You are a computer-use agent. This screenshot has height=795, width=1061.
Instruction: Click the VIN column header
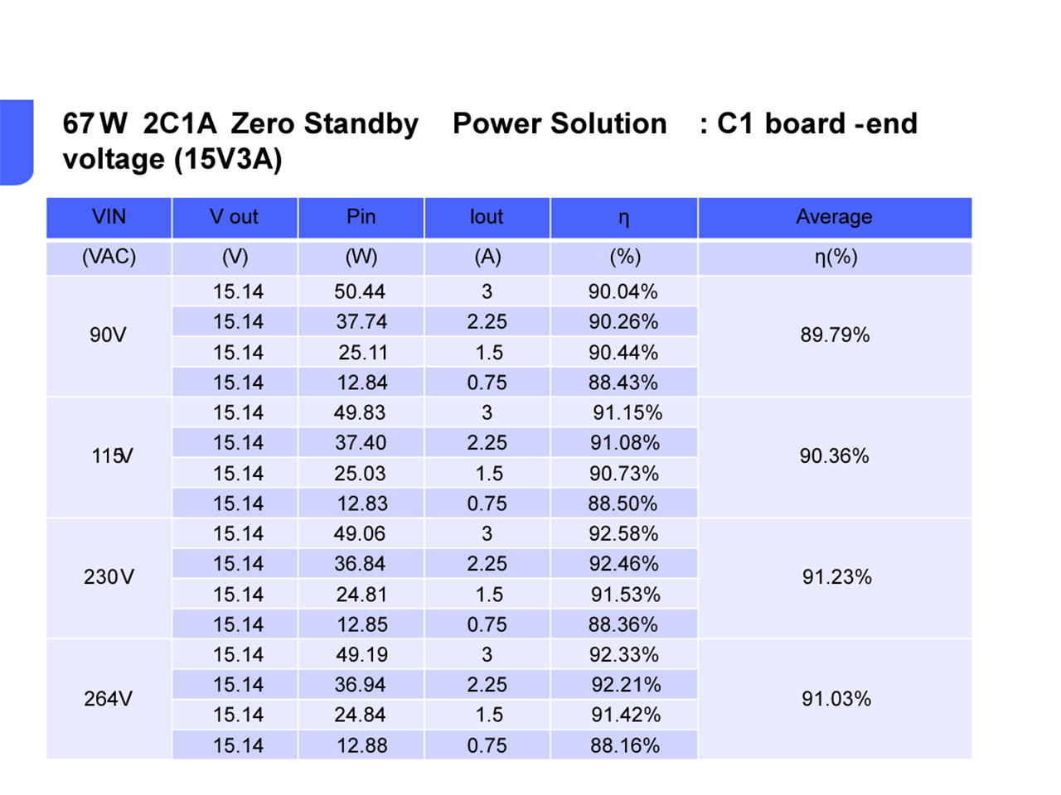(109, 217)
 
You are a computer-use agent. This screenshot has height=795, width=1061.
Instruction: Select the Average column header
(834, 217)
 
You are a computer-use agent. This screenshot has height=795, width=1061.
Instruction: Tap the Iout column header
(487, 217)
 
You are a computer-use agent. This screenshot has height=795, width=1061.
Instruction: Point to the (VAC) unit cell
(109, 257)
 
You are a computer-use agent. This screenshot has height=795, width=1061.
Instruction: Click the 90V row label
(108, 335)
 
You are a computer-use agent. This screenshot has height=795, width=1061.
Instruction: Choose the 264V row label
(108, 699)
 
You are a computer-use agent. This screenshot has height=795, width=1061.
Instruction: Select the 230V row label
(109, 577)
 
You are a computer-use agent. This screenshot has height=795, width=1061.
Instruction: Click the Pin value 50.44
(360, 291)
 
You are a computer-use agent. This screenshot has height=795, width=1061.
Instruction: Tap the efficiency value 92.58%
(623, 533)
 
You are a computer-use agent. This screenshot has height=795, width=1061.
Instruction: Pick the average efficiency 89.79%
(835, 335)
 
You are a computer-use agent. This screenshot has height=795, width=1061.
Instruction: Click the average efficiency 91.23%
(836, 577)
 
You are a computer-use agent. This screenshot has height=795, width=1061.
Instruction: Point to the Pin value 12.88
(361, 745)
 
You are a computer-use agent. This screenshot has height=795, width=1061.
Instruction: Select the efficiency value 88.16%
(625, 745)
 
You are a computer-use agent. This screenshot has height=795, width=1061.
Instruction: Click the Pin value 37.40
(361, 443)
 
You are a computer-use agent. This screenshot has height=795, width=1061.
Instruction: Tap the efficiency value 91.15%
(627, 412)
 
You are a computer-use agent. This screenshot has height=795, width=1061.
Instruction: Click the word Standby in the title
(361, 124)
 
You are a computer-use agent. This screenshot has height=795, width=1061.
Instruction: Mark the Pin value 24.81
(361, 595)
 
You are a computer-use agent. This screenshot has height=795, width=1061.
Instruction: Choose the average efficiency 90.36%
(834, 456)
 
